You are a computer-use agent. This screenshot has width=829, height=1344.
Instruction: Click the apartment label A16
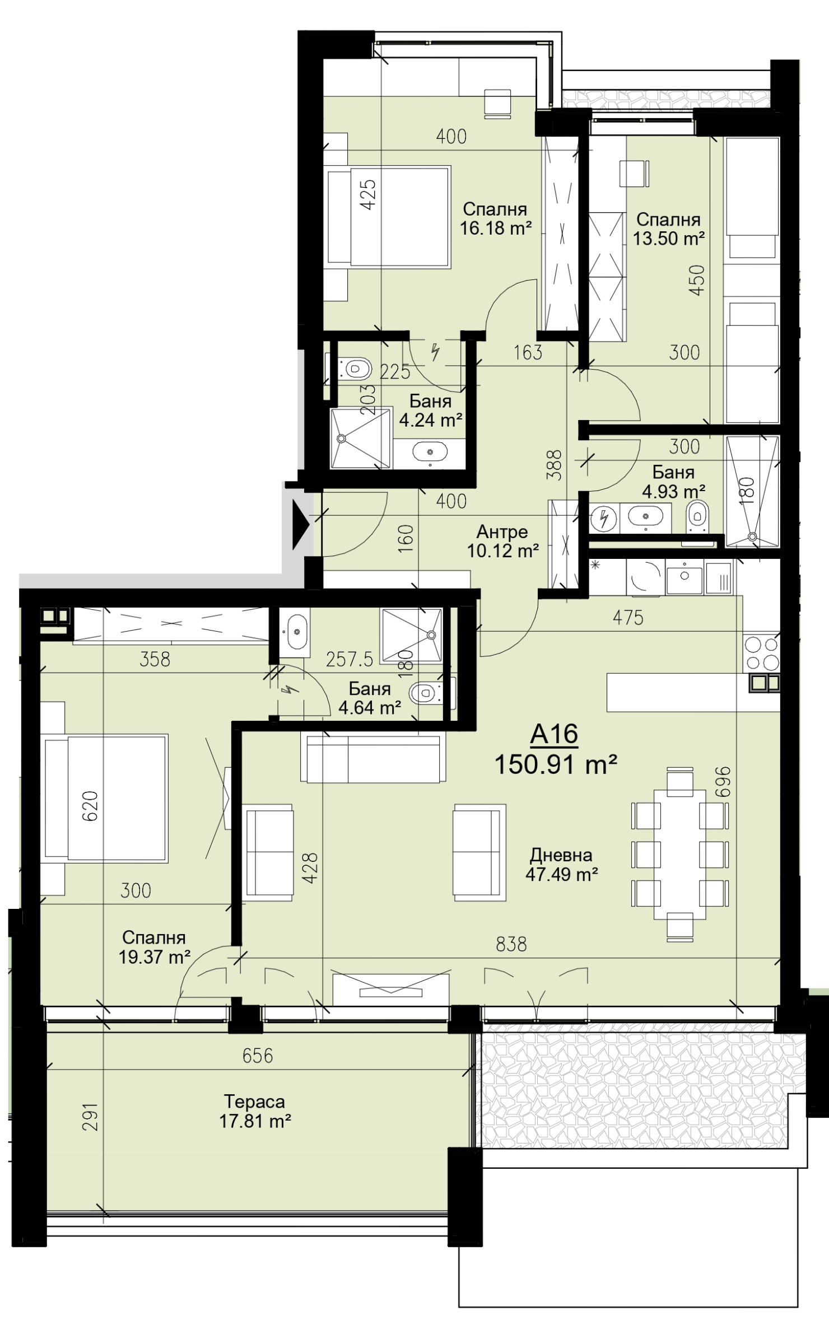pyautogui.click(x=553, y=734)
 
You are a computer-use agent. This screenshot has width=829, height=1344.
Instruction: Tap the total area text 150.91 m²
pyautogui.click(x=555, y=764)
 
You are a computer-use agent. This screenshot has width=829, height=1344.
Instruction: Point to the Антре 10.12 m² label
pyautogui.click(x=502, y=541)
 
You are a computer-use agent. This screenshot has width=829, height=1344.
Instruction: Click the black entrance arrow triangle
pyautogui.click(x=300, y=526)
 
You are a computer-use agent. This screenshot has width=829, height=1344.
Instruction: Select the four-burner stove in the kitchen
pyautogui.click(x=761, y=653)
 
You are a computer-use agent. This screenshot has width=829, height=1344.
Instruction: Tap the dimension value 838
pyautogui.click(x=511, y=944)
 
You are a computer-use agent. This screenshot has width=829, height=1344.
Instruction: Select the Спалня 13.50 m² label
pyautogui.click(x=668, y=229)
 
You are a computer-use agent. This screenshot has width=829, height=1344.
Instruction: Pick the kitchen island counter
pyautogui.click(x=677, y=692)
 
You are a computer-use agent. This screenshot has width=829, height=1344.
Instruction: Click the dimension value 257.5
pyautogui.click(x=349, y=660)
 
